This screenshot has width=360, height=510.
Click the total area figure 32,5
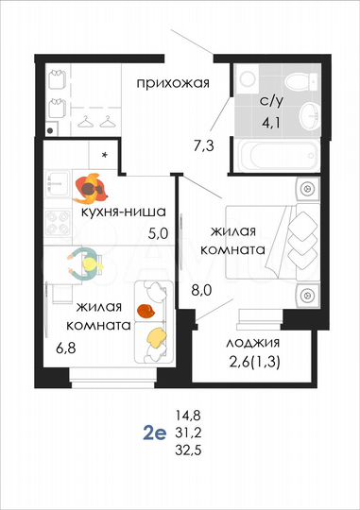[x=189, y=452]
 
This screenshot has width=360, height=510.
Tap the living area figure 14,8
[x=189, y=415]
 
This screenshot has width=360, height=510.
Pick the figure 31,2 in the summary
[x=189, y=433]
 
